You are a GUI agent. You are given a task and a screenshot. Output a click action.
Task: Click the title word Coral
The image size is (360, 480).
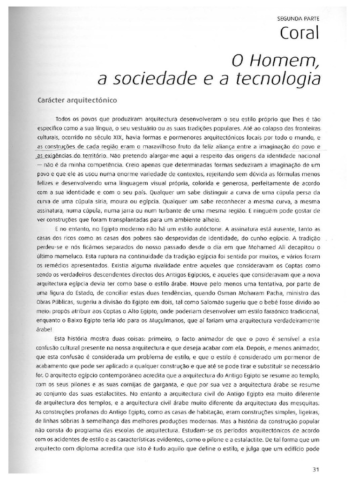coord(300,33)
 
